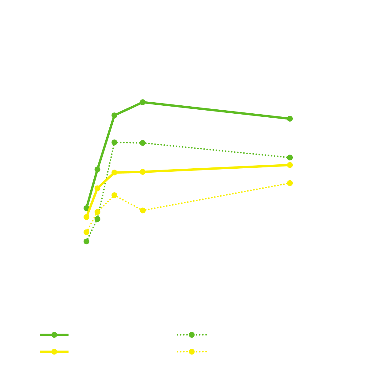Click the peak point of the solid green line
pyautogui.click(x=143, y=102)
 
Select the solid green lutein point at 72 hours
pyautogui.click(x=290, y=119)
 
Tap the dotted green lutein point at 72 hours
pyautogui.click(x=290, y=158)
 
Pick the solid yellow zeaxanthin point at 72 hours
pyautogui.click(x=290, y=165)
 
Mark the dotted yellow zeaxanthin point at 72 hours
pyautogui.click(x=290, y=183)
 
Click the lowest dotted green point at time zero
pyautogui.click(x=87, y=241)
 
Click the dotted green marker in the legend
pyautogui.click(x=192, y=335)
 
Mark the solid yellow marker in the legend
pyautogui.click(x=54, y=352)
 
